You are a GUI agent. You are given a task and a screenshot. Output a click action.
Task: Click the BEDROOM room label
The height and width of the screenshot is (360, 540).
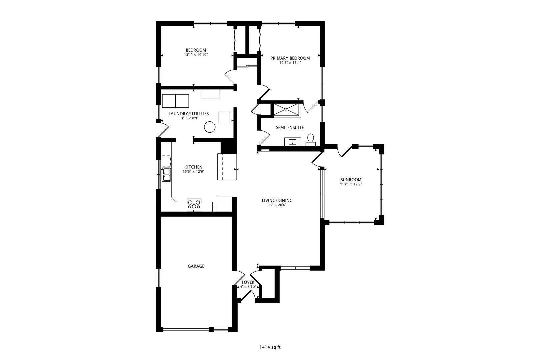click(x=196, y=50)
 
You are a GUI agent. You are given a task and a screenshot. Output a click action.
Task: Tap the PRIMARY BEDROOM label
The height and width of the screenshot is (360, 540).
click(x=290, y=58)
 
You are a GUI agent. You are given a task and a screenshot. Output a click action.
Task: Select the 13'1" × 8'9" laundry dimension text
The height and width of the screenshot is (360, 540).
click(x=189, y=118)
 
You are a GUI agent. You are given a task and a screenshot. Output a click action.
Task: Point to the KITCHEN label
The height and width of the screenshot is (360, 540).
click(x=193, y=167)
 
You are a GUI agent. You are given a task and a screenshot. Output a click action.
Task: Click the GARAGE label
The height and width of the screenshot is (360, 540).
click(x=196, y=266)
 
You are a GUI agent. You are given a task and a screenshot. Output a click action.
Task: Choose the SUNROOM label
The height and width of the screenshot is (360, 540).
click(x=351, y=180)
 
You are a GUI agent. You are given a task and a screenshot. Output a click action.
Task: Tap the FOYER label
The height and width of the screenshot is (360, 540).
click(x=248, y=282)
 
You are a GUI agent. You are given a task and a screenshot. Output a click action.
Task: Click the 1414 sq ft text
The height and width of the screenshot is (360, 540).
click(x=270, y=347)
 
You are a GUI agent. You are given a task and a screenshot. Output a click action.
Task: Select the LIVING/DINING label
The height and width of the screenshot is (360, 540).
click(x=277, y=200)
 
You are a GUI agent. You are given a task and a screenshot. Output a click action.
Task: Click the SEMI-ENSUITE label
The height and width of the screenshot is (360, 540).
click(x=290, y=128)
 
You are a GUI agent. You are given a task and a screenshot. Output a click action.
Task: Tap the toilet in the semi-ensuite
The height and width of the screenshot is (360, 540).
click(x=311, y=140)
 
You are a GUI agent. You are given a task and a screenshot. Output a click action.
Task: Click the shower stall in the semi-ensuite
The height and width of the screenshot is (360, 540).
click(x=286, y=109)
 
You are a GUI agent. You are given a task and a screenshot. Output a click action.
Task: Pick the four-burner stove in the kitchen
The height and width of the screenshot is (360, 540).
click(x=194, y=205)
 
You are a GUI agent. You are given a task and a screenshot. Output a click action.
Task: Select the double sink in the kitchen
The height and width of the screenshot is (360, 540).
click(x=166, y=175)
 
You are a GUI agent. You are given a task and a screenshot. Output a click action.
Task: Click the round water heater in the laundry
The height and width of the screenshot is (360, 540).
click(x=210, y=127)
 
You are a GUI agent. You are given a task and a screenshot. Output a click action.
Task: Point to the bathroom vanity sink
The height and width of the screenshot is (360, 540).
click(x=292, y=142)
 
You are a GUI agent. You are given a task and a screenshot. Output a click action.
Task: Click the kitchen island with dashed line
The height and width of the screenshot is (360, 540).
click(x=227, y=167)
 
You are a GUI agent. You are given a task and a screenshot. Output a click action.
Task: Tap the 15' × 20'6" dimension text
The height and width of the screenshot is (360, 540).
click(x=277, y=205)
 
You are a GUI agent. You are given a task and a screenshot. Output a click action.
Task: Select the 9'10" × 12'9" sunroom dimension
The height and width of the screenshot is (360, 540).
click(x=351, y=184)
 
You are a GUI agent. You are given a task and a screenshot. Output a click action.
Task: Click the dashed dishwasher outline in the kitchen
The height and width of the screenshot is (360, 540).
click(x=166, y=161)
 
